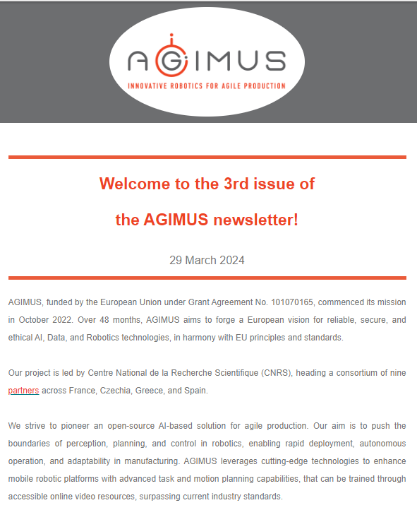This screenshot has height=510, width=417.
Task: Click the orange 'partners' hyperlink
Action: (23, 391)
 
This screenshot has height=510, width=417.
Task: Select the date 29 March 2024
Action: (207, 261)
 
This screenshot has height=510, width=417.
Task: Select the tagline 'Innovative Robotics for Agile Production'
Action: (206, 86)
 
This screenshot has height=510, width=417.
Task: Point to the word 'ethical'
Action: (22, 338)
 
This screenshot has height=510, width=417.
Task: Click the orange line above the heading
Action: (207, 157)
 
